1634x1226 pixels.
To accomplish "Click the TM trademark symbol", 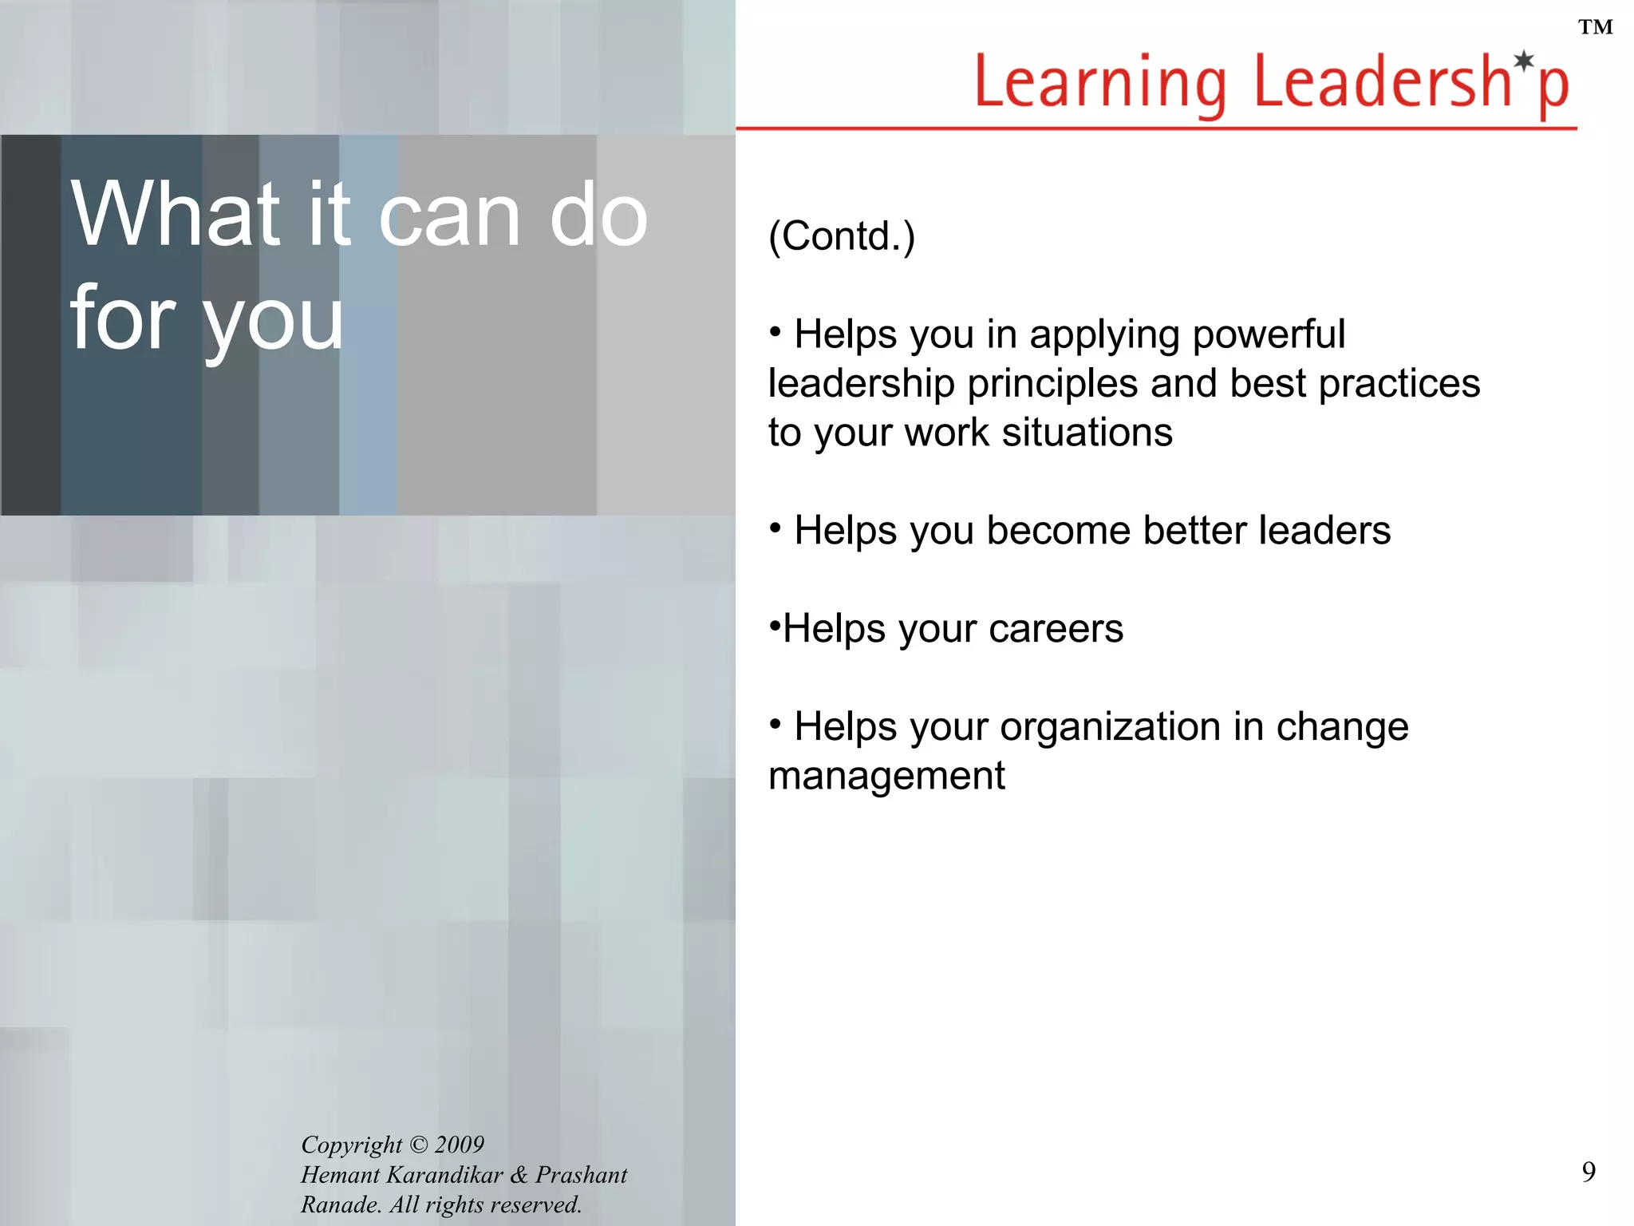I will [1595, 28].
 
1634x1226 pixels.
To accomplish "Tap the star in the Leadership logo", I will [1524, 61].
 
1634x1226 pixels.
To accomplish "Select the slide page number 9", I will [1589, 1172].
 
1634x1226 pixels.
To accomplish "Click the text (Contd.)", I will [842, 236].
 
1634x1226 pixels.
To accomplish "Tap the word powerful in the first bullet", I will [1269, 334].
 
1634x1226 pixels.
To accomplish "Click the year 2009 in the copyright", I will [460, 1145].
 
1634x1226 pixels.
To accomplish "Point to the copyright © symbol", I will [418, 1145].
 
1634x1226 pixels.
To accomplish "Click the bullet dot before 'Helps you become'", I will [775, 527].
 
